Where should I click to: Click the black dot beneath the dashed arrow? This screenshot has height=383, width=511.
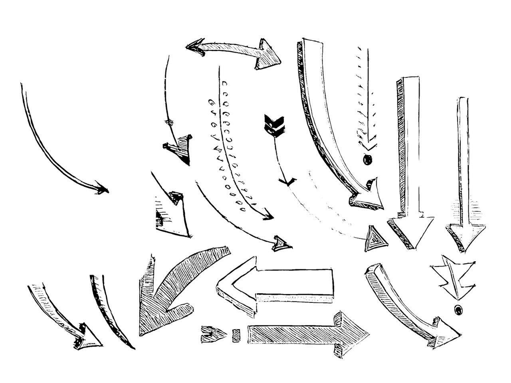coord(367,160)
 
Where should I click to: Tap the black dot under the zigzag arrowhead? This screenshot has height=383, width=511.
coord(458,309)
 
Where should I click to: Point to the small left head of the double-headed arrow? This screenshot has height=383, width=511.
coord(193,46)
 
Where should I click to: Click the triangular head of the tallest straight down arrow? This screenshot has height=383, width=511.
coord(410,231)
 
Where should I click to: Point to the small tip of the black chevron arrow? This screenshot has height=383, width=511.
coord(287,183)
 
